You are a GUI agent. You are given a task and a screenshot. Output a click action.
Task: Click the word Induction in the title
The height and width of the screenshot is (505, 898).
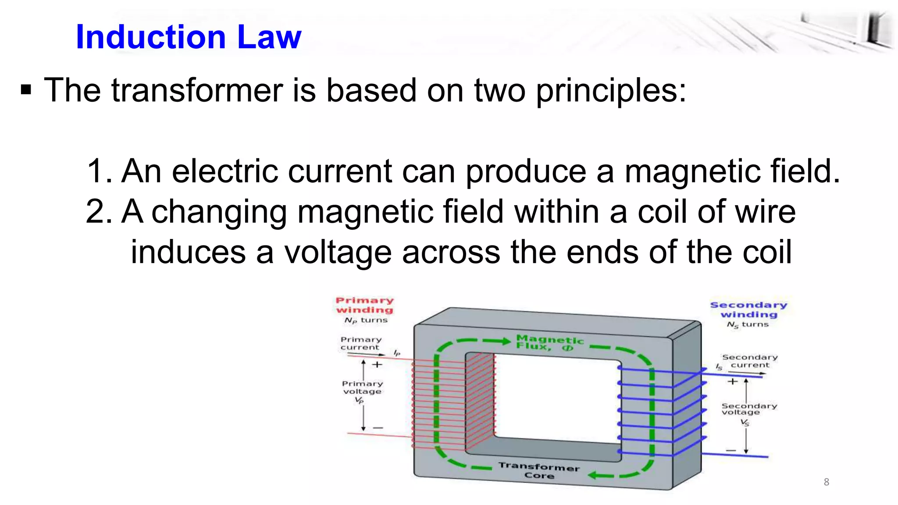(150, 37)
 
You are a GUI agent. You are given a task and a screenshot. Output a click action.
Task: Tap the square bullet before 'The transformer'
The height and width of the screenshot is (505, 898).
(26, 90)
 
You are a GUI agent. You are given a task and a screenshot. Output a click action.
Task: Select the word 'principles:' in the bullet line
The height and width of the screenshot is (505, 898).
(611, 91)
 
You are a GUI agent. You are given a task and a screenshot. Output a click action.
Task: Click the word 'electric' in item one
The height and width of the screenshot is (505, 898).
(225, 171)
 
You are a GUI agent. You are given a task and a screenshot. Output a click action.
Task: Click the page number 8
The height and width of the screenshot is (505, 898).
(827, 482)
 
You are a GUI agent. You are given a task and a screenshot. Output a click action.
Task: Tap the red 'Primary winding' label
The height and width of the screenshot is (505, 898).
(365, 305)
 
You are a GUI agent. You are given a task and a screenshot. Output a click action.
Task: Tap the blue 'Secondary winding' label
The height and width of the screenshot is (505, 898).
(748, 309)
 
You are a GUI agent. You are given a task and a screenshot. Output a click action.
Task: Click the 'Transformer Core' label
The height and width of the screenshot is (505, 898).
(539, 471)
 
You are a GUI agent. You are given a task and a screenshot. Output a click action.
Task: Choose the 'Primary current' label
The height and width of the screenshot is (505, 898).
(361, 343)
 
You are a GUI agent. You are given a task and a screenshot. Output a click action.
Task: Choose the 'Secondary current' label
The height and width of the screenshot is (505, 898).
(750, 361)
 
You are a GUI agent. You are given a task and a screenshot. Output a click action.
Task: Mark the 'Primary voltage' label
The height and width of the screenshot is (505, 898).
(362, 388)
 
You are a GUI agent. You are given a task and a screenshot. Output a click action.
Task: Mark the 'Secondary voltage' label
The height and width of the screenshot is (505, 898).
(749, 409)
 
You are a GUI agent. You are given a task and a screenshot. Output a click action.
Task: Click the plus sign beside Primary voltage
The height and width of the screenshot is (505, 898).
(377, 365)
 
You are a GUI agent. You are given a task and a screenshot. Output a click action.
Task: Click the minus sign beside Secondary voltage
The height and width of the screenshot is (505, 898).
(731, 450)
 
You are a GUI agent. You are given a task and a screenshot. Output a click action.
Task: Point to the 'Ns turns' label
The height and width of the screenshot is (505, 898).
(748, 325)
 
